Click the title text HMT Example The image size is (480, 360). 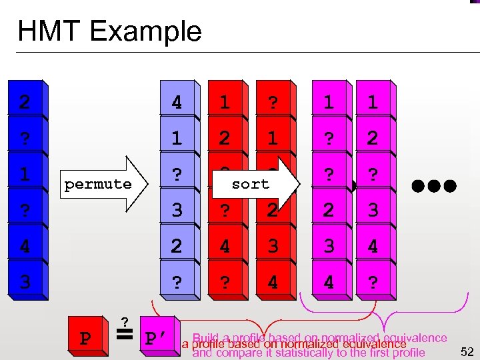click(109, 31)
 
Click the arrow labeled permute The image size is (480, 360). click(104, 183)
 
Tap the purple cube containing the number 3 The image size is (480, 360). click(177, 211)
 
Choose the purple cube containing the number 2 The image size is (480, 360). click(177, 247)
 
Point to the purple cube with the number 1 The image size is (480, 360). click(177, 139)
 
